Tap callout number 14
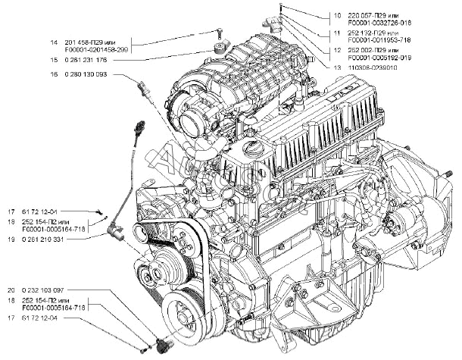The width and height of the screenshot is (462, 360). click(54, 42)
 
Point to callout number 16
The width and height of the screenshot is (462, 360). click(54, 74)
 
